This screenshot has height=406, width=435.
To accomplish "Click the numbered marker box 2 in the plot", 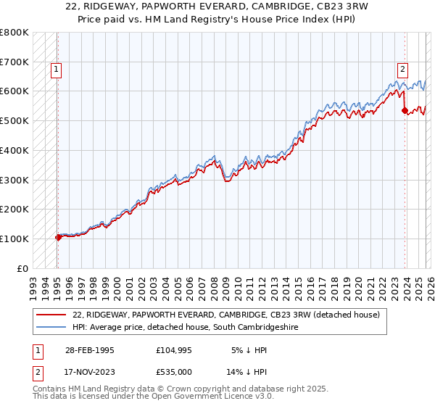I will point(402,70).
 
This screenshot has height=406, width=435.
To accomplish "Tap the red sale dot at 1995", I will point(58,237).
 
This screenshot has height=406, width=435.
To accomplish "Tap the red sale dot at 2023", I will point(405,111).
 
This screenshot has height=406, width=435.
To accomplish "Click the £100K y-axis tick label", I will point(14,239).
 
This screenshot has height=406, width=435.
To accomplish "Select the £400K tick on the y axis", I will point(14,150).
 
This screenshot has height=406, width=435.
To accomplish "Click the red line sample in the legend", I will point(52,315).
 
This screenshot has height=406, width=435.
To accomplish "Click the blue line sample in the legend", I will point(52,328).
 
